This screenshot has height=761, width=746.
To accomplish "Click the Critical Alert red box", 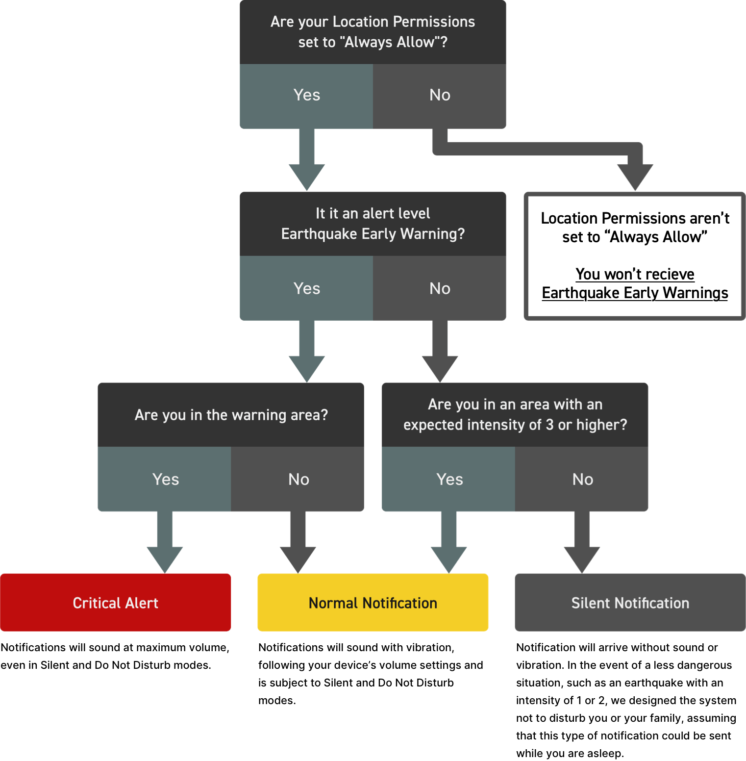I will [115, 602].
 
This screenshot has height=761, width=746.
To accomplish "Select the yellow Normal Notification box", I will [373, 602].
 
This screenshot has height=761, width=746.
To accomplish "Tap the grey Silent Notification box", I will [630, 602].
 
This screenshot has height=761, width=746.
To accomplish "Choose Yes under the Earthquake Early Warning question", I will [306, 288].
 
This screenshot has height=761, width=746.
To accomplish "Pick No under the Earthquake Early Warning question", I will [440, 288].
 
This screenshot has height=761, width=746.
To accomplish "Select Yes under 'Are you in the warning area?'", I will [165, 479].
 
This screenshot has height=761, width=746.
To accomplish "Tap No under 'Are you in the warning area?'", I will [298, 479].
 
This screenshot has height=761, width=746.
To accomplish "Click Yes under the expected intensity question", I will [449, 479].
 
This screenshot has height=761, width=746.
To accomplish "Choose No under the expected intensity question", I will [582, 479].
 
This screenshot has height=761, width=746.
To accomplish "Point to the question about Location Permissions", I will [373, 32].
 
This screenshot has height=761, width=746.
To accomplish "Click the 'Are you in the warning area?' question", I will [231, 415].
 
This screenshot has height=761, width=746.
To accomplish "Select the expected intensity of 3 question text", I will [515, 415].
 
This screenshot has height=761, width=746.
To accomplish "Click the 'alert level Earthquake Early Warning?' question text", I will [373, 224].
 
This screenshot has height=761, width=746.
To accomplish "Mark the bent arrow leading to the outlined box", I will [539, 149].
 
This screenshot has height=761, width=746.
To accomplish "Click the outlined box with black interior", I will [635, 256].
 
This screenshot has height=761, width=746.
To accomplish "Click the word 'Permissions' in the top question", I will [434, 22].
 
